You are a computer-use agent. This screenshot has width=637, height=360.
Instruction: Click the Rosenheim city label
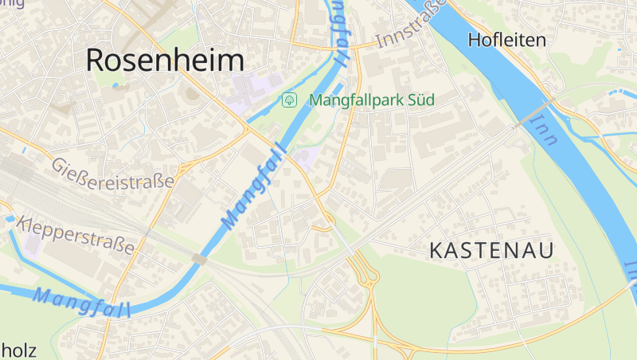tap(164, 60)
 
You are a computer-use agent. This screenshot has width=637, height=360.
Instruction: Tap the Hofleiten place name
tap(507, 40)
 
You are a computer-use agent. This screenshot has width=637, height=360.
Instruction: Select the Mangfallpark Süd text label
tap(371, 100)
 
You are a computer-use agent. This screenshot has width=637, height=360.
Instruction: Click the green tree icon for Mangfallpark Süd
tap(290, 100)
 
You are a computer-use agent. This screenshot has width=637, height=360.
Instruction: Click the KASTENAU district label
tap(491, 250)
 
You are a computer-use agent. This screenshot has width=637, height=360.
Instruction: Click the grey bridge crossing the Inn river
tap(534, 113)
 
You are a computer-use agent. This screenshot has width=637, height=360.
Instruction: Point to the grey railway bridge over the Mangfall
tap(200, 259)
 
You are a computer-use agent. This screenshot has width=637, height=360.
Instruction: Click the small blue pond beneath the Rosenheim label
tap(116, 83)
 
